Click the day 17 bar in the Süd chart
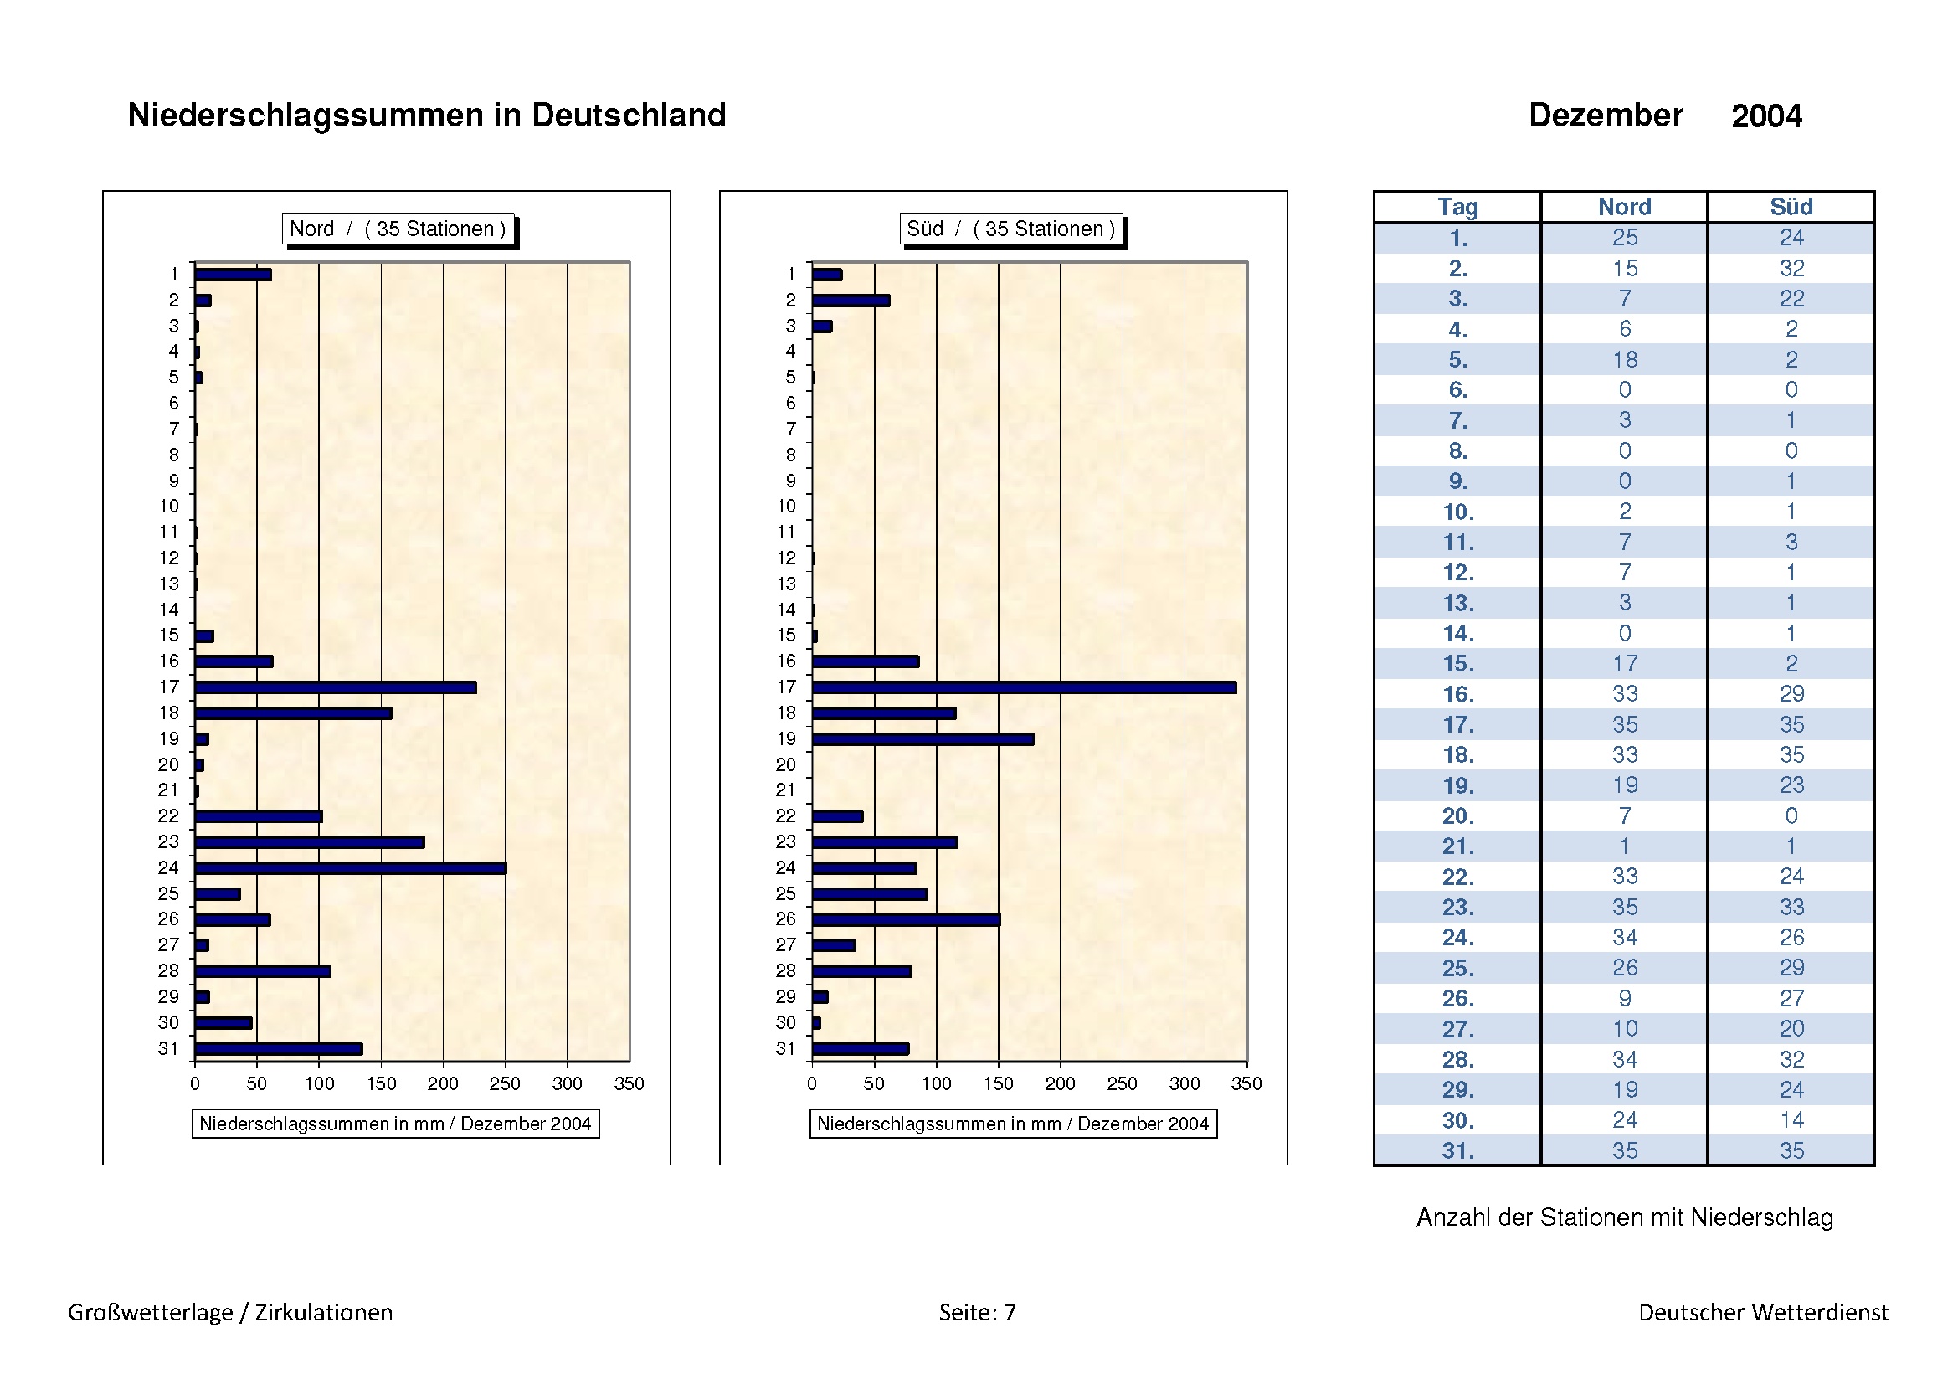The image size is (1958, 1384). point(1023,687)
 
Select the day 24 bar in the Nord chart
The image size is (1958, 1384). point(350,868)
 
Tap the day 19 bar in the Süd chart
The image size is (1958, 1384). point(922,739)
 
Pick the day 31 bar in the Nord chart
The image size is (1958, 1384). point(278,1049)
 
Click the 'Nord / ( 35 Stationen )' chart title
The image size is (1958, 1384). point(398,229)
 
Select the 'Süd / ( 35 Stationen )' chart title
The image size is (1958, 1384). point(1010,229)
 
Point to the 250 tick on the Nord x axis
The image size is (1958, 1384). point(505,1083)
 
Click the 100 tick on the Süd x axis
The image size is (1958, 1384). point(937,1083)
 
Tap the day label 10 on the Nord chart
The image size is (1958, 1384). point(169,507)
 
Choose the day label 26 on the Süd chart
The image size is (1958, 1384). point(785,919)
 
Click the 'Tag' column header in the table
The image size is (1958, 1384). point(1457,207)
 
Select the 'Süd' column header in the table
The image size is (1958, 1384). point(1791,207)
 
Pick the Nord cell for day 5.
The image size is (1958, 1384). point(1625,360)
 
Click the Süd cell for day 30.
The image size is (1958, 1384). point(1791,1120)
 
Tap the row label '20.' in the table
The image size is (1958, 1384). point(1457,816)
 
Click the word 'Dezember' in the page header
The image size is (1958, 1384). point(1605,115)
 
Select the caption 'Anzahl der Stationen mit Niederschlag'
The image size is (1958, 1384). point(1625,1217)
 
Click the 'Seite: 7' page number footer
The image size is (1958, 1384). point(977,1312)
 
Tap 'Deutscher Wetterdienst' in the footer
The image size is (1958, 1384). point(1763,1312)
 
